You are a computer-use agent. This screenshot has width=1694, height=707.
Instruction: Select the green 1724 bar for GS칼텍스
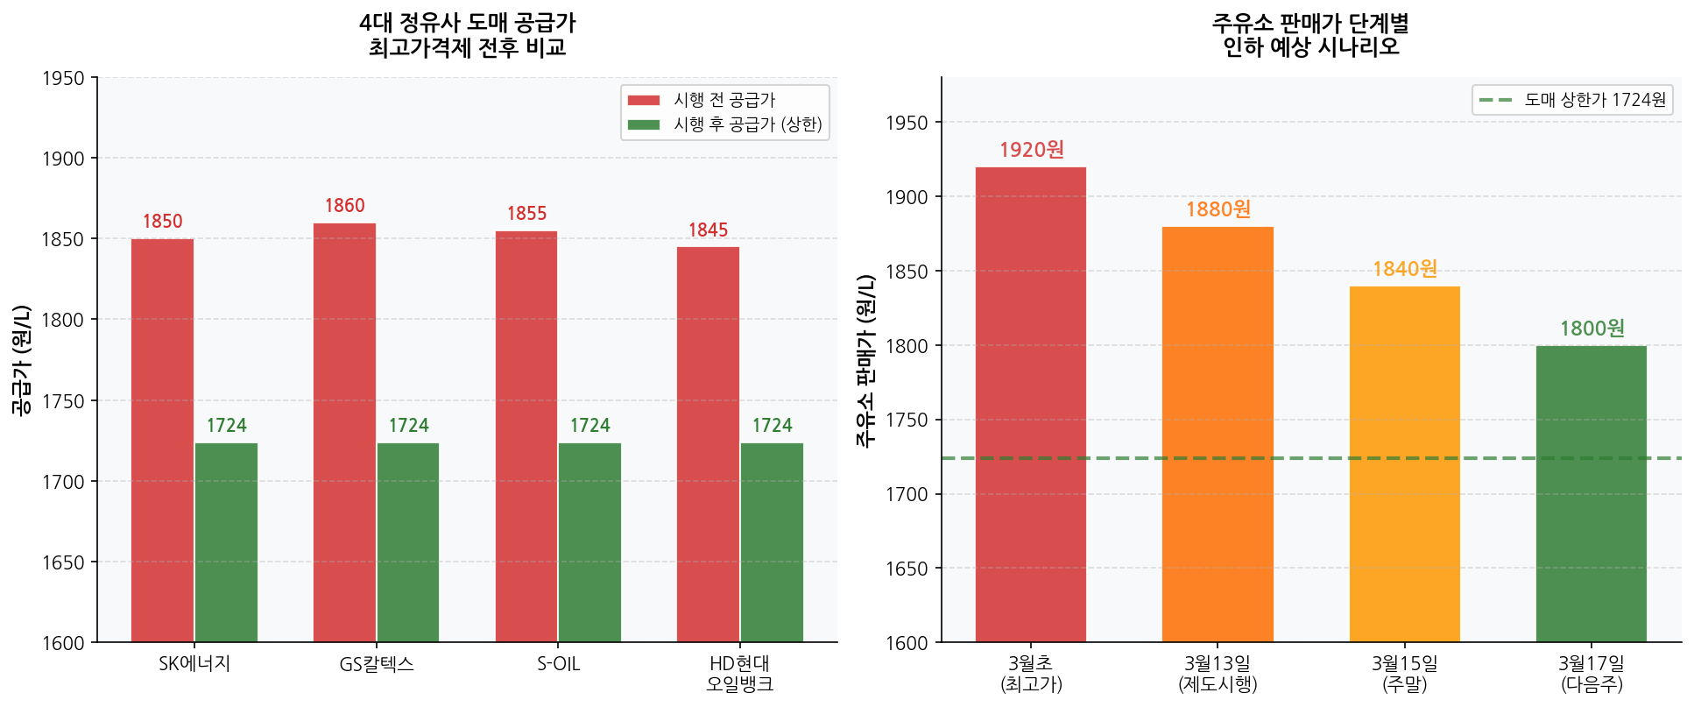coord(408,542)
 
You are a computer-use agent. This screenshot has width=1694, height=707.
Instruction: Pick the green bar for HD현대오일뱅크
coord(772,542)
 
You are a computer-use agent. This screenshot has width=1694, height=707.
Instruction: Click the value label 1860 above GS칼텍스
coord(344,206)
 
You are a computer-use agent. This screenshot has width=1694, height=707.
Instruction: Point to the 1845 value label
coord(708,230)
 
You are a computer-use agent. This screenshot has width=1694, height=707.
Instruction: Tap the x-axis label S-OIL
coord(559,664)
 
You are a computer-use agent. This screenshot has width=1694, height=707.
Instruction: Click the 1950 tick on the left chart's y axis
coord(63,79)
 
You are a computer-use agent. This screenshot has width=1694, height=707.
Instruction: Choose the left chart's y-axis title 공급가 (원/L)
coord(21,360)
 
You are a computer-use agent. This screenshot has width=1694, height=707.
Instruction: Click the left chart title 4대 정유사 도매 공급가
coord(467,24)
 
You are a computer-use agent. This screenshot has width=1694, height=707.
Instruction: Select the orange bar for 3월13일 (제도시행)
coord(1218,435)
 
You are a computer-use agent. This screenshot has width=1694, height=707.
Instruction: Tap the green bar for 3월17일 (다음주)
coord(1591,494)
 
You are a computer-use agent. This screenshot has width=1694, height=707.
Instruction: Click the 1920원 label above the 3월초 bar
coord(1031,150)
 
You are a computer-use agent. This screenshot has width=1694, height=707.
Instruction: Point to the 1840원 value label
coord(1404,269)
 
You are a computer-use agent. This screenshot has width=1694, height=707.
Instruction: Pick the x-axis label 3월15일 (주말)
coord(1404,674)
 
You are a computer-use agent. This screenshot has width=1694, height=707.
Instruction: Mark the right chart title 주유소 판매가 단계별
coord(1310,24)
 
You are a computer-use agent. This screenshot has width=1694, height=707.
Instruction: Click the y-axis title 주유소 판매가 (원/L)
coord(865,360)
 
